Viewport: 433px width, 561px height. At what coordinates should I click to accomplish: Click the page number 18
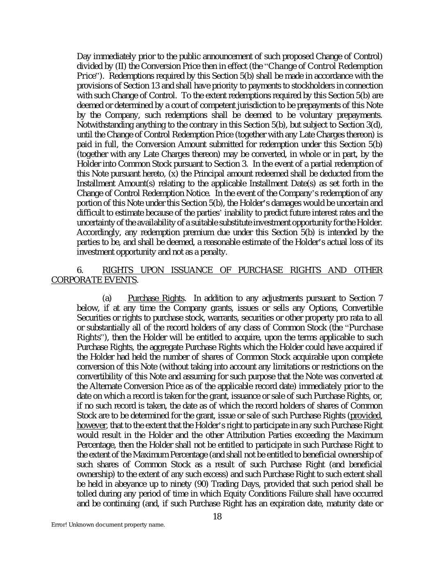(x=217, y=517)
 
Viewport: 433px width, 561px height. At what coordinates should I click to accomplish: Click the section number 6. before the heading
(x=80, y=270)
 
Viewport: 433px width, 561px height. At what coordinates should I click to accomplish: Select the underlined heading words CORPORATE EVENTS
(x=94, y=280)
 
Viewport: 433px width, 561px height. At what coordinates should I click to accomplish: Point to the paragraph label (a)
(x=107, y=298)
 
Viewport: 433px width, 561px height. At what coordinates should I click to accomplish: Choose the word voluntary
(x=316, y=115)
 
